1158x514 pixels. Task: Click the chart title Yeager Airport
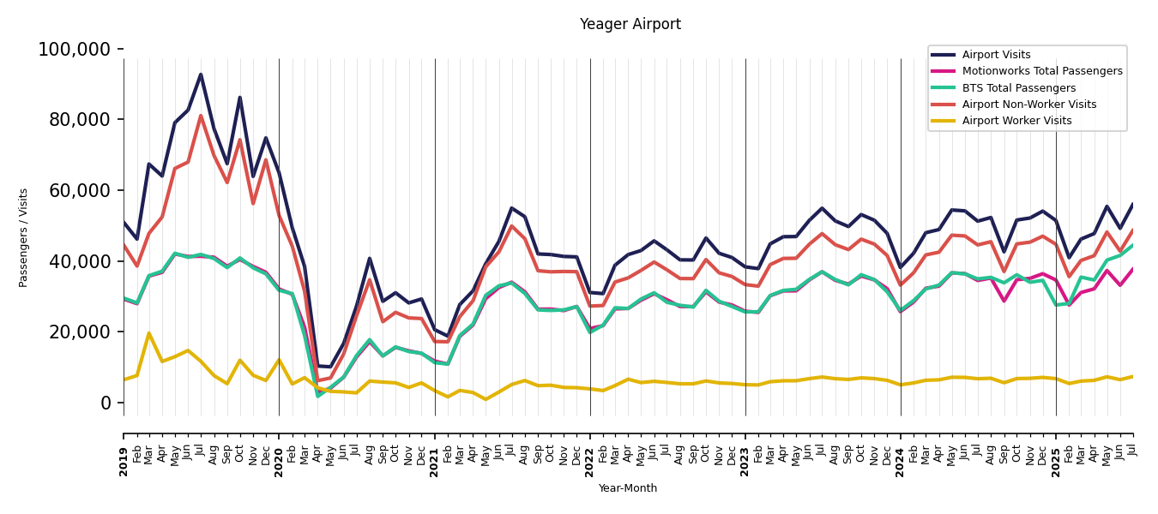tap(630, 24)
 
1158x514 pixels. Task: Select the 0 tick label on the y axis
tap(106, 403)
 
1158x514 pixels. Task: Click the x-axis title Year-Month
tap(628, 488)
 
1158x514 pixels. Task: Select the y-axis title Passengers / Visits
tap(24, 237)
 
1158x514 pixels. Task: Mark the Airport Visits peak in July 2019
tap(201, 75)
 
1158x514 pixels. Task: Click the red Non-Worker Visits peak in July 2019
tap(201, 116)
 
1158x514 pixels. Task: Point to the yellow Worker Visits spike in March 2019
tap(149, 333)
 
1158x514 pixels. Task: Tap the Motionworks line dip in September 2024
tap(1004, 301)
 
